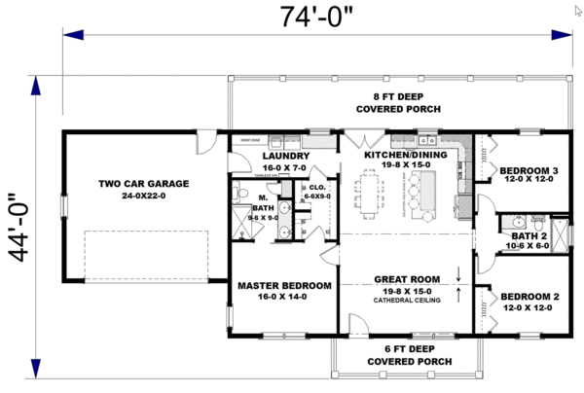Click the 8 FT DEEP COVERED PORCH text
pyautogui.click(x=406, y=102)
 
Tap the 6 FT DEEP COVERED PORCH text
pyautogui.click(x=406, y=354)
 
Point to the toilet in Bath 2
pyautogui.click(x=517, y=221)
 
